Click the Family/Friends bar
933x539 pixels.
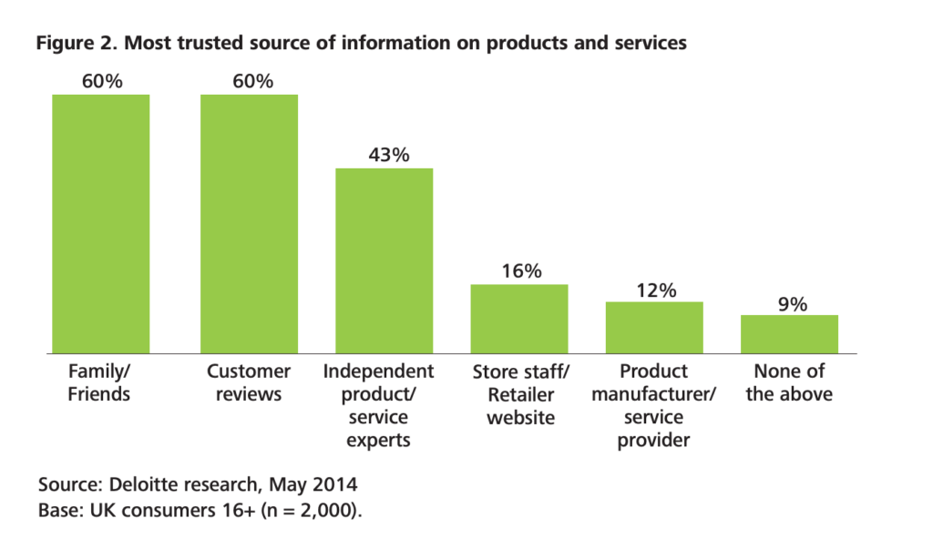(x=100, y=223)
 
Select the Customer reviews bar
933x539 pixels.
(x=249, y=223)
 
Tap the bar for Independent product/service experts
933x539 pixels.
(x=384, y=260)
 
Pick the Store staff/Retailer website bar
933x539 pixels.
(x=518, y=318)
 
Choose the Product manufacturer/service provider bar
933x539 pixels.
(x=654, y=327)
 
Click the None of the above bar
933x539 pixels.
(x=789, y=333)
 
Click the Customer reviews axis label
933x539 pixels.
(x=249, y=382)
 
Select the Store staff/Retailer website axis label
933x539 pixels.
(x=518, y=394)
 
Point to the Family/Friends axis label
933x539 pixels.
(x=100, y=382)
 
